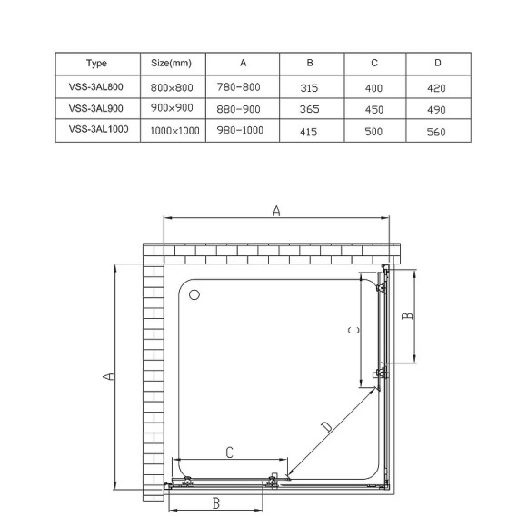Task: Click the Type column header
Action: (x=97, y=64)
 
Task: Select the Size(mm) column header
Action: (x=171, y=64)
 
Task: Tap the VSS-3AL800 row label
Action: (x=97, y=87)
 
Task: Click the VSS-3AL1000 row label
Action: (x=97, y=130)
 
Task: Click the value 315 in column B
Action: (x=310, y=88)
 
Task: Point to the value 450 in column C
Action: (x=373, y=109)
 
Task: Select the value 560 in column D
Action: (x=437, y=131)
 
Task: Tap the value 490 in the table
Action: (x=437, y=109)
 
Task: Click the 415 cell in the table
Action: (x=310, y=131)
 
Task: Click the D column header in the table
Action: (x=437, y=64)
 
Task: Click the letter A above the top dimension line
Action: (x=276, y=211)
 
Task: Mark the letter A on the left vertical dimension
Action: (x=106, y=377)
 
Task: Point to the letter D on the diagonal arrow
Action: (x=327, y=427)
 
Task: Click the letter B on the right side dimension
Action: (x=408, y=315)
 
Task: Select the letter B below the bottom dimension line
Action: (x=216, y=502)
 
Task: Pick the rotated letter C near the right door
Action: (x=349, y=332)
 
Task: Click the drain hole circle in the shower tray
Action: (x=194, y=294)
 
